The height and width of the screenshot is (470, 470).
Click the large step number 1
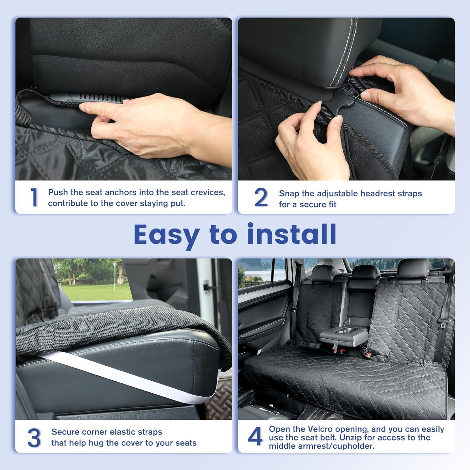pyautogui.click(x=34, y=198)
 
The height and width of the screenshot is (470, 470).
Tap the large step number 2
pyautogui.click(x=261, y=198)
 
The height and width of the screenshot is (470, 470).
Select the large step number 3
pyautogui.click(x=34, y=438)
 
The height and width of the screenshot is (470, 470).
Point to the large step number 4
pyautogui.click(x=255, y=437)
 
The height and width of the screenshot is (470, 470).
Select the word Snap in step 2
pyautogui.click(x=289, y=194)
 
